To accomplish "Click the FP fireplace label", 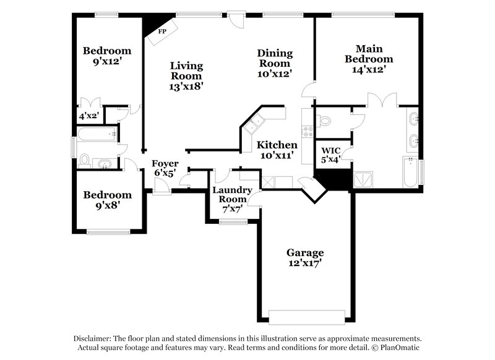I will [162, 30].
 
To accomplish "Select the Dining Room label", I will [275, 58].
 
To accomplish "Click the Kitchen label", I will [277, 145].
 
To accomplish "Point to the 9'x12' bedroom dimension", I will [108, 62].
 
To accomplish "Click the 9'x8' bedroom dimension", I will [108, 206].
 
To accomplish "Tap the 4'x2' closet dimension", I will [88, 115].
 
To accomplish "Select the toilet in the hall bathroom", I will [85, 161].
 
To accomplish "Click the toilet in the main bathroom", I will [324, 120].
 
